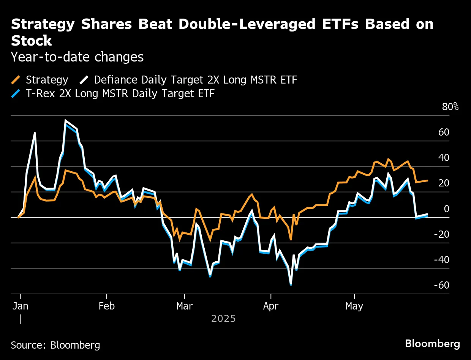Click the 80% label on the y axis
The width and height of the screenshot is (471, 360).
(x=450, y=107)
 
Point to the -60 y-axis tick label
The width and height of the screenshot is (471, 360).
(x=441, y=285)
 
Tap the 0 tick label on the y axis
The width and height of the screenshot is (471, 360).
(x=447, y=208)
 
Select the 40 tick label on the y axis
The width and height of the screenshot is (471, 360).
(x=444, y=158)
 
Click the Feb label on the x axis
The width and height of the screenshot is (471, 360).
(x=106, y=306)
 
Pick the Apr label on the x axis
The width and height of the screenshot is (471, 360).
(x=270, y=306)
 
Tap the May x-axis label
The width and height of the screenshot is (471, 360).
(x=354, y=306)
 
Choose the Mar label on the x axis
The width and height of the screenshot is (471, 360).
(x=184, y=306)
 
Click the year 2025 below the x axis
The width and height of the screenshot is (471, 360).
(x=223, y=318)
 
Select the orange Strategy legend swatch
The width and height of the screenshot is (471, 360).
(x=16, y=80)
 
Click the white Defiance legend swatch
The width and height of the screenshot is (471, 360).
(x=84, y=80)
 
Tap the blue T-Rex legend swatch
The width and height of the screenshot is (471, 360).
(x=16, y=93)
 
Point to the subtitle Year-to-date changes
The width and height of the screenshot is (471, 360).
(x=77, y=57)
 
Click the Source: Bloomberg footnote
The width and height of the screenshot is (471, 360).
(x=55, y=345)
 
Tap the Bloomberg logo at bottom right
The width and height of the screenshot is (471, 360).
(x=432, y=344)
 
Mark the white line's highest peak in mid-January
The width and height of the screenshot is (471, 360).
(x=66, y=121)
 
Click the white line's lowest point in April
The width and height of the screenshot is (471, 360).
(x=291, y=283)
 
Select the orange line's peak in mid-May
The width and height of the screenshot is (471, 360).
(x=388, y=159)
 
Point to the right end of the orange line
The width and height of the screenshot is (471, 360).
(x=428, y=180)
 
